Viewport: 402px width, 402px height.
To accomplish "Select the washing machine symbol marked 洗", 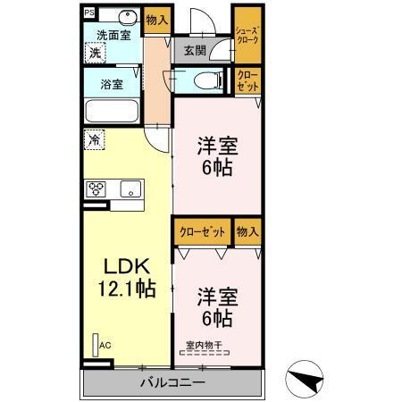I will [x=95, y=53].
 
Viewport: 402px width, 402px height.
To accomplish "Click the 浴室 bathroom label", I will [x=112, y=87].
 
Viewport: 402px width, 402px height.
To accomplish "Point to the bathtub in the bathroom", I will [x=111, y=113].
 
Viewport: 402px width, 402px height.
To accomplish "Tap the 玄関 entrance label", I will [x=195, y=51].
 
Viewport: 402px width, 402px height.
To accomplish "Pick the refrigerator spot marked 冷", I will [x=94, y=140].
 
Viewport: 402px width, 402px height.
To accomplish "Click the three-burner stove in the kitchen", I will [x=96, y=188].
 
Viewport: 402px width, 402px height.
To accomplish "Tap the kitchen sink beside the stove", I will [x=130, y=188].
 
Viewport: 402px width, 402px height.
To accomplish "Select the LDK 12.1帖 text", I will [x=127, y=277].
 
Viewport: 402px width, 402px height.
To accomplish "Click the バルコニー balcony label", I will [x=172, y=383].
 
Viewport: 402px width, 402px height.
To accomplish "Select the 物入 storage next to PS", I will [x=156, y=18].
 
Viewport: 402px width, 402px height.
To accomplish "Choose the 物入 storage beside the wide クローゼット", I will [x=247, y=230].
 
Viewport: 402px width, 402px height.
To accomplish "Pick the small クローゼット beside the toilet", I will [x=247, y=81].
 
